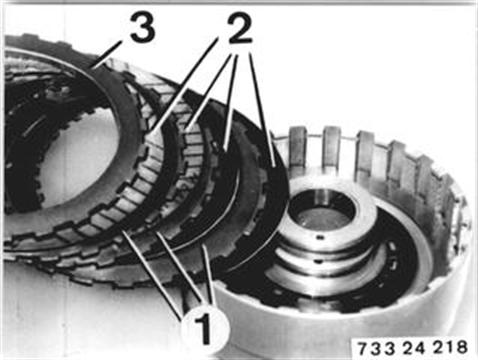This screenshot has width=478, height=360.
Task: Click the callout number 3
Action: (x=142, y=28)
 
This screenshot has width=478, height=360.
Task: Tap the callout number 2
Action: (x=239, y=29)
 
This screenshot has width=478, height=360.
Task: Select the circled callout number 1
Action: (x=205, y=328)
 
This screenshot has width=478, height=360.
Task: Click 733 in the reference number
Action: (x=377, y=349)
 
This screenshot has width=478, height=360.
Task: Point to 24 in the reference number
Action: (x=415, y=348)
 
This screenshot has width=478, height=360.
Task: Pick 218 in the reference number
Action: (x=451, y=348)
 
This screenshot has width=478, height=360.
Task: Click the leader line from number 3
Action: (x=108, y=54)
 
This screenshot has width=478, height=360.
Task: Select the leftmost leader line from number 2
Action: (x=183, y=88)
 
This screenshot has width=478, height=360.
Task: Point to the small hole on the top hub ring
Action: (x=320, y=237)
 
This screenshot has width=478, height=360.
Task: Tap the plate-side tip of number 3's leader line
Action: (x=93, y=68)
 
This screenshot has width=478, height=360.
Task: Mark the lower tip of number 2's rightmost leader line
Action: (x=274, y=165)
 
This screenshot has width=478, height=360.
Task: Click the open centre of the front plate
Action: (x=80, y=157)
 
